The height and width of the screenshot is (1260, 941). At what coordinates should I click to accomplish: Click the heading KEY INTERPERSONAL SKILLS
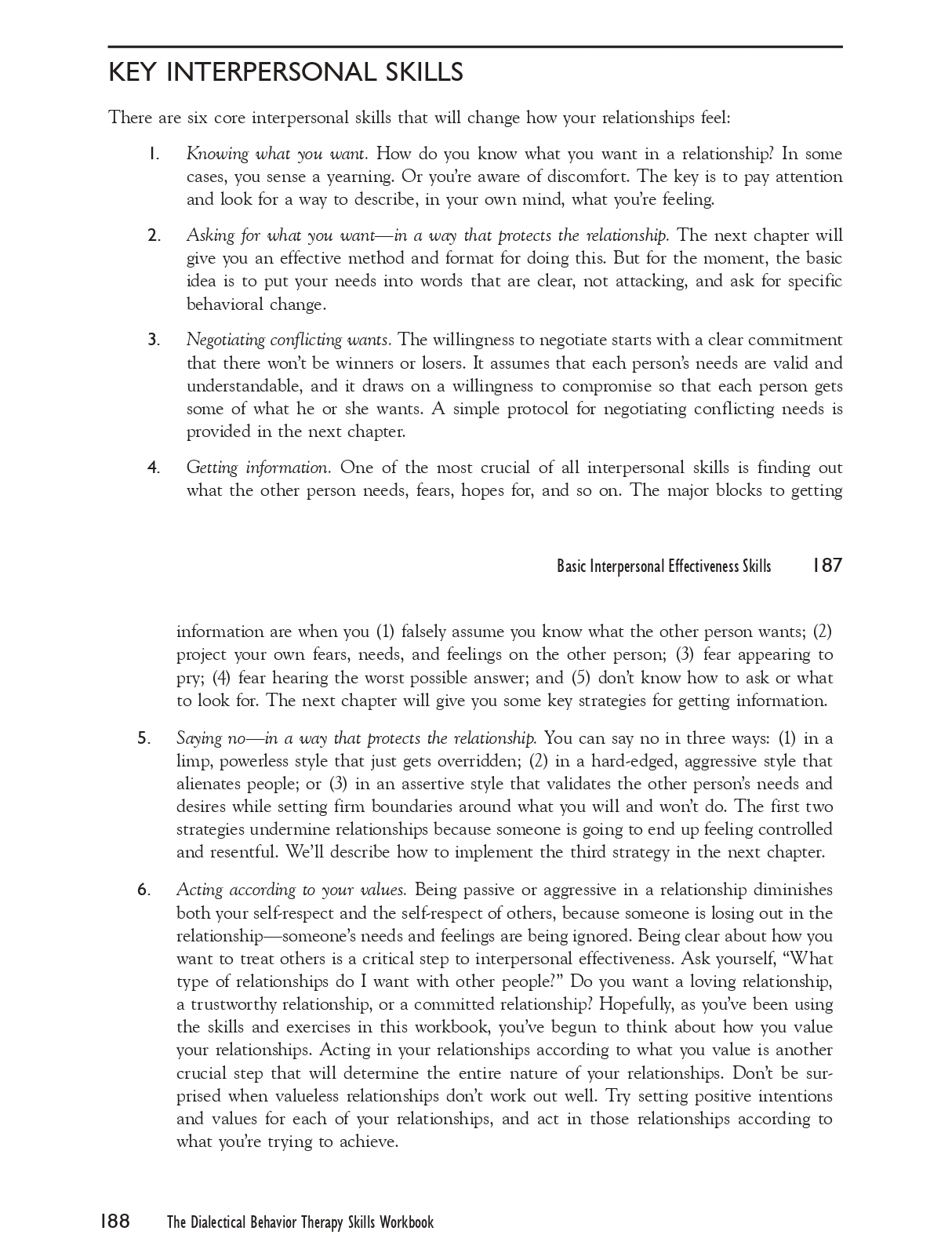285,73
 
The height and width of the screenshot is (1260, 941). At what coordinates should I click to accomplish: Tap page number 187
827,566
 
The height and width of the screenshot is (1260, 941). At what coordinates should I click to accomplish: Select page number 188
114,1222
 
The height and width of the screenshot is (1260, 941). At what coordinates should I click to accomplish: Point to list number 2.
154,235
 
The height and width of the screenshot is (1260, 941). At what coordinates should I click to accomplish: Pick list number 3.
154,340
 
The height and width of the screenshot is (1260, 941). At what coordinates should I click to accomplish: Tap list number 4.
154,468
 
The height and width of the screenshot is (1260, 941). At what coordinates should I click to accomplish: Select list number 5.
144,738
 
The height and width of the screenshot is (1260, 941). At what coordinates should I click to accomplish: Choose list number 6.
144,890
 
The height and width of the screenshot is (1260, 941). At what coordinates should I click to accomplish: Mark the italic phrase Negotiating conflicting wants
289,340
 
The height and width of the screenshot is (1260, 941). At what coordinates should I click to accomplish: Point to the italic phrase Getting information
259,468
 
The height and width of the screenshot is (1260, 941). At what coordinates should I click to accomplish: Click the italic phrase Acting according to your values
291,890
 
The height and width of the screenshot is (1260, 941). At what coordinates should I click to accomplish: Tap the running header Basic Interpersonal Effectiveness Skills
663,566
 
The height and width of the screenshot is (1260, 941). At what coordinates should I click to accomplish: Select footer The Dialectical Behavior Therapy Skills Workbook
300,1222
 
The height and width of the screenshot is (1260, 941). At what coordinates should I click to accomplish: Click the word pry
188,679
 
